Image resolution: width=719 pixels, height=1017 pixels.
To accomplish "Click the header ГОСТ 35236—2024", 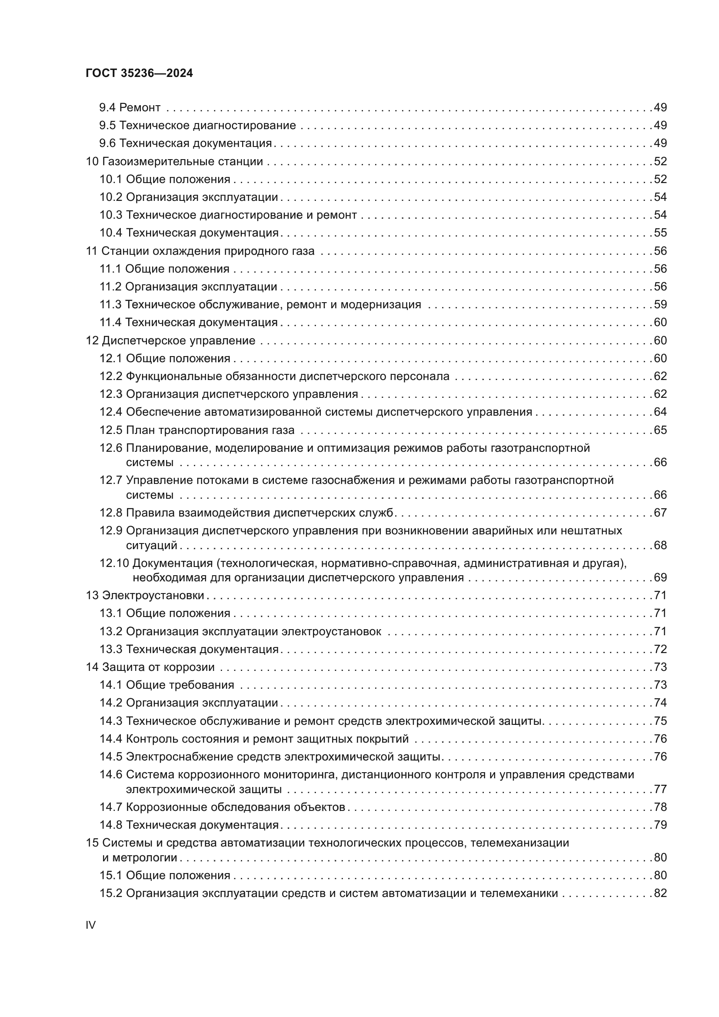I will click(139, 73).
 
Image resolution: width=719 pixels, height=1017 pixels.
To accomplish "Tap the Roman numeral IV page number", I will click(90, 925).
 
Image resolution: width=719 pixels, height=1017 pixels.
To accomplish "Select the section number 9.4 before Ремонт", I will click(107, 108).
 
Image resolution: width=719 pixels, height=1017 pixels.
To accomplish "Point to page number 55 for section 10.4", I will click(660, 233).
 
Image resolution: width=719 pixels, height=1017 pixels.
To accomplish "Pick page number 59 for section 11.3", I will click(660, 305).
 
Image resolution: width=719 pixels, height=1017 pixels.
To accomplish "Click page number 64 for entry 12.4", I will click(660, 412).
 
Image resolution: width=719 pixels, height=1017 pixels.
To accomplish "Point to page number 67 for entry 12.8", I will click(660, 513).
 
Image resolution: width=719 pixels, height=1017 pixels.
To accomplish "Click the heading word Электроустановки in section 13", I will click(153, 595).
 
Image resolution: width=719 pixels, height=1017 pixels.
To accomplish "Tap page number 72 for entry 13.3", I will click(660, 649).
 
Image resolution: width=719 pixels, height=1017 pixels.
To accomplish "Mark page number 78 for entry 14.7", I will click(660, 807).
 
